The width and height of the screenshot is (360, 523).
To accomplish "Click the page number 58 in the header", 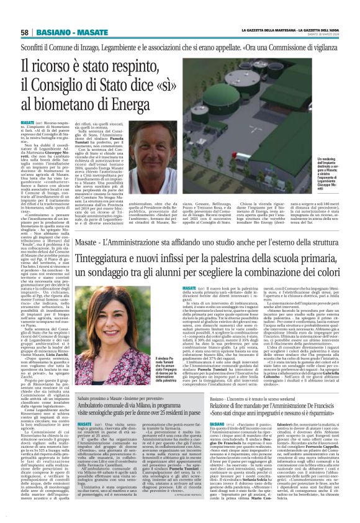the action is [25, 32].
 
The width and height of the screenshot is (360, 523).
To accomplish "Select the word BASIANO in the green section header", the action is [55, 32].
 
